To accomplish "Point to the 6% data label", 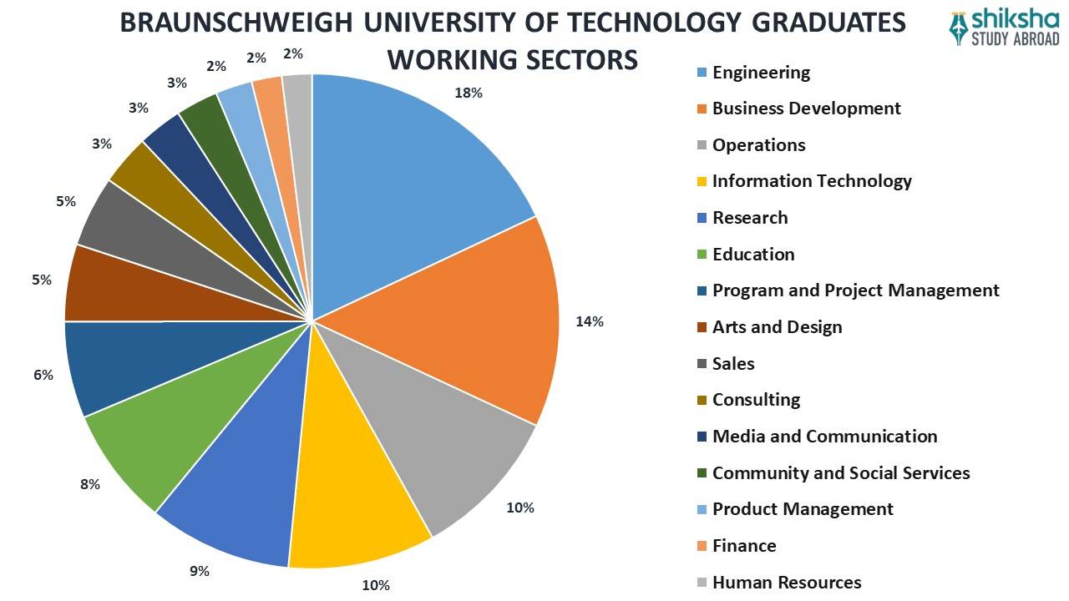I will (43, 376).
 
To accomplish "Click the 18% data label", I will (468, 93).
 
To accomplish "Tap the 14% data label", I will (589, 321).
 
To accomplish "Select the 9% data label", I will (199, 572).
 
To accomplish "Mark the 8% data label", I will (90, 484).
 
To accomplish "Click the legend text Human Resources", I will (786, 583).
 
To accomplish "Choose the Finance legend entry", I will (743, 546).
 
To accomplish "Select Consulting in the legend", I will (756, 400).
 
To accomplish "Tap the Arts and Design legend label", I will (777, 327).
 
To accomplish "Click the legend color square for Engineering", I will (702, 73).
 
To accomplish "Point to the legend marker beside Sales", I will (702, 364).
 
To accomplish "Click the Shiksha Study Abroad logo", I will (1005, 28).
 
